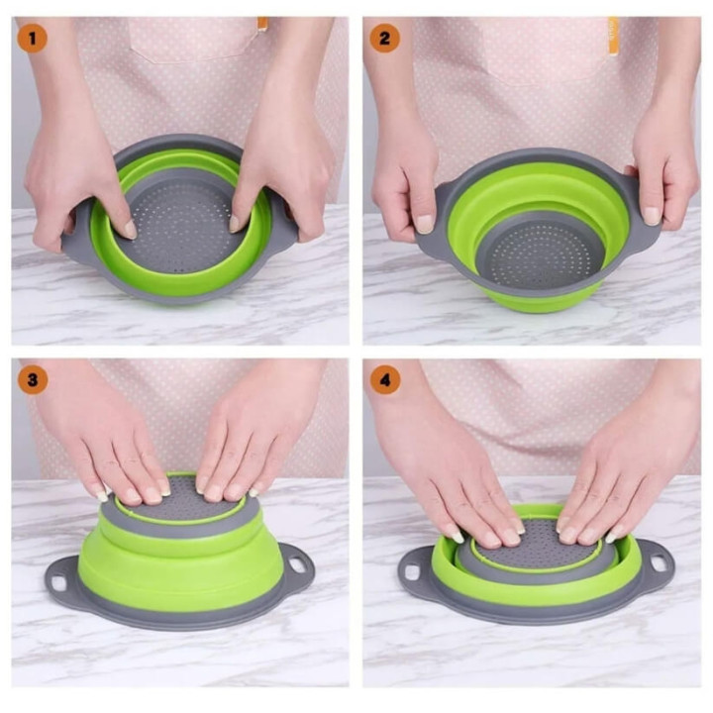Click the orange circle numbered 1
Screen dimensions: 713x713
pos(33,39)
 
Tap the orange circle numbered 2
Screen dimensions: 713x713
pos(384,39)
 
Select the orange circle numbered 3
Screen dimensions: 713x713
pos(33,379)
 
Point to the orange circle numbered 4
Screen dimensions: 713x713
pos(385,379)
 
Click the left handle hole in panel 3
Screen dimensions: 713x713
pos(59,582)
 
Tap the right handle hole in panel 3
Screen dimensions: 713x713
pos(296,563)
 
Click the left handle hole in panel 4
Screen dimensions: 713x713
pos(412,572)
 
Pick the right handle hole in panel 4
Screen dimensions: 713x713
pos(658,562)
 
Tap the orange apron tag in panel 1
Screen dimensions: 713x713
pos(262,24)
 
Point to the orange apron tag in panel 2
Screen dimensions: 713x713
pos(613,37)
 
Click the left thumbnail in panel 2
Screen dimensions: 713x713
pos(424,224)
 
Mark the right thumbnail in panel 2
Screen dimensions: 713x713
pos(652,216)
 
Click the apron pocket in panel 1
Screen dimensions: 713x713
pos(194,39)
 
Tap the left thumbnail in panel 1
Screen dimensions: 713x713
pos(131,229)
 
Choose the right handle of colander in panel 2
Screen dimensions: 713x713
pos(645,214)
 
